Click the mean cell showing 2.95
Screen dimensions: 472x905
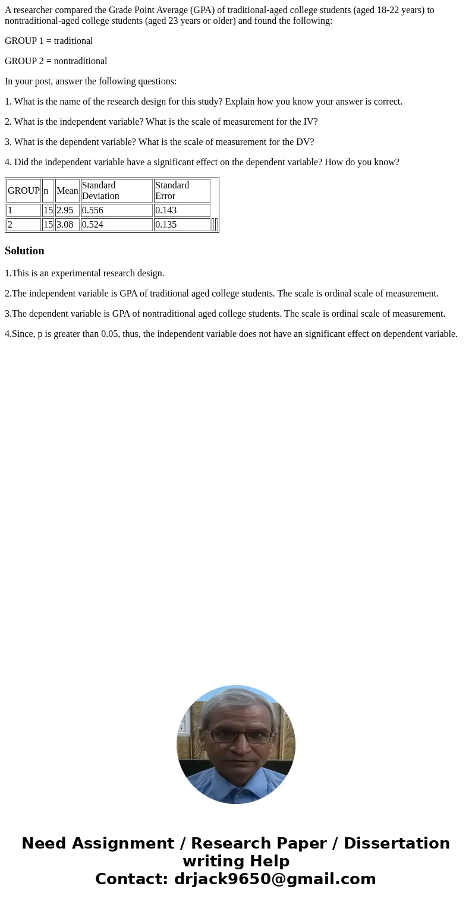pyautogui.click(x=65, y=210)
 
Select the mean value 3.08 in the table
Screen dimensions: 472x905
pyautogui.click(x=65, y=225)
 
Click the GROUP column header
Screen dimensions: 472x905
pyautogui.click(x=24, y=191)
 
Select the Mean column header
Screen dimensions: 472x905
pyautogui.click(x=67, y=191)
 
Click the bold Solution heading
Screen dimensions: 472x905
pyautogui.click(x=24, y=251)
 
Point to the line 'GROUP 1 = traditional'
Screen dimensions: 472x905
pyautogui.click(x=49, y=41)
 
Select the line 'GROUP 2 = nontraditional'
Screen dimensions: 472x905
pyautogui.click(x=56, y=61)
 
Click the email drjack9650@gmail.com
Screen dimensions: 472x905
pyautogui.click(x=275, y=879)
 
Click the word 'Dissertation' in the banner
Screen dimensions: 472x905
pyautogui.click(x=397, y=843)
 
